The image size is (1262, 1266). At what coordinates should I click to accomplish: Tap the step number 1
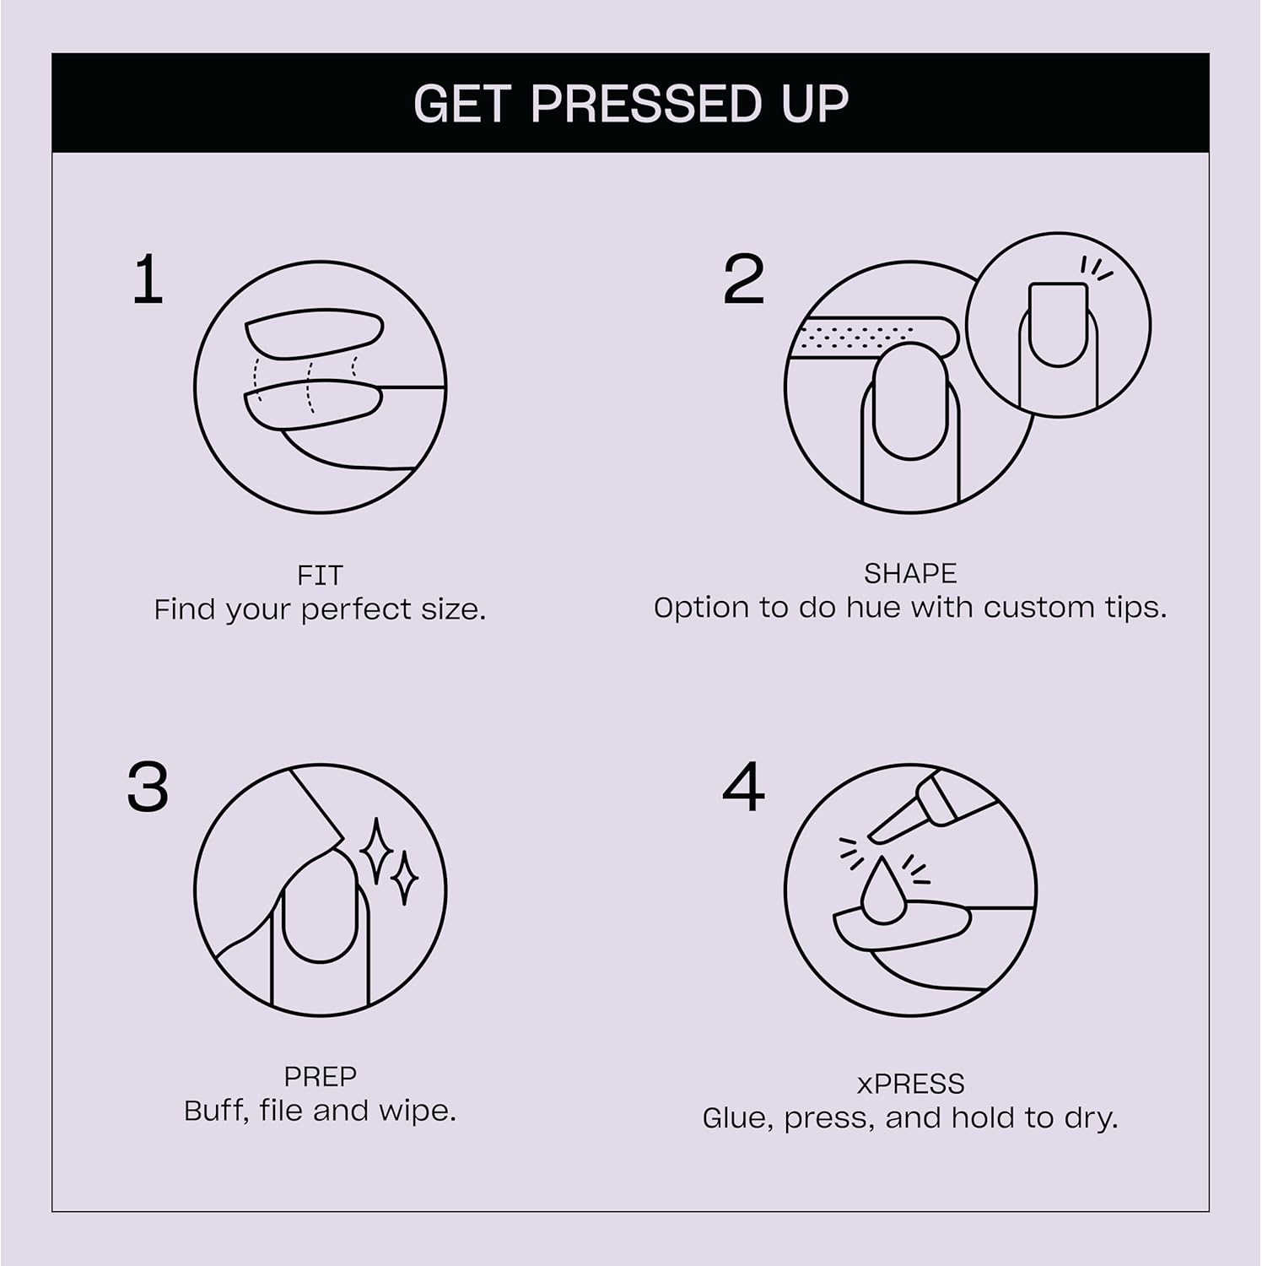(148, 280)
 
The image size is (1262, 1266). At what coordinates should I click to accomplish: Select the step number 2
(743, 280)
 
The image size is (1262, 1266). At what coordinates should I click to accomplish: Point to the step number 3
(148, 787)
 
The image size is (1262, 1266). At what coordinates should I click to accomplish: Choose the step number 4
(743, 787)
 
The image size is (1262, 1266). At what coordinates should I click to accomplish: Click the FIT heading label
(320, 576)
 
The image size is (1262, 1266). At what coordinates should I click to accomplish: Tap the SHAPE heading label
(909, 574)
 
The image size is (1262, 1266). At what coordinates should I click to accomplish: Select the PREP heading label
(320, 1077)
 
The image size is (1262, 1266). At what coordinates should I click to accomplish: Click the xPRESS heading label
(909, 1084)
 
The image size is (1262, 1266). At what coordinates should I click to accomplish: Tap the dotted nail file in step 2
(869, 336)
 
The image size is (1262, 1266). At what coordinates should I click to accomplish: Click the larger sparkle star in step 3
(375, 852)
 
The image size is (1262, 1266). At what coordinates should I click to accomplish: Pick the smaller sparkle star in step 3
(404, 879)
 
